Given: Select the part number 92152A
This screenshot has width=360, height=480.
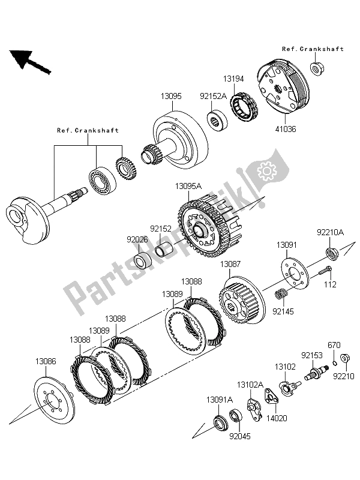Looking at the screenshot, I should coord(214,95).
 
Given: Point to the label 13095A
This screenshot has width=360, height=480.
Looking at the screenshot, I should coord(189,187).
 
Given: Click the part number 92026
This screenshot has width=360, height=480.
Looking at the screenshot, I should coord(136,238).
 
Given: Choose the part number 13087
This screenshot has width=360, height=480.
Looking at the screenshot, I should coord(230,264).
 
